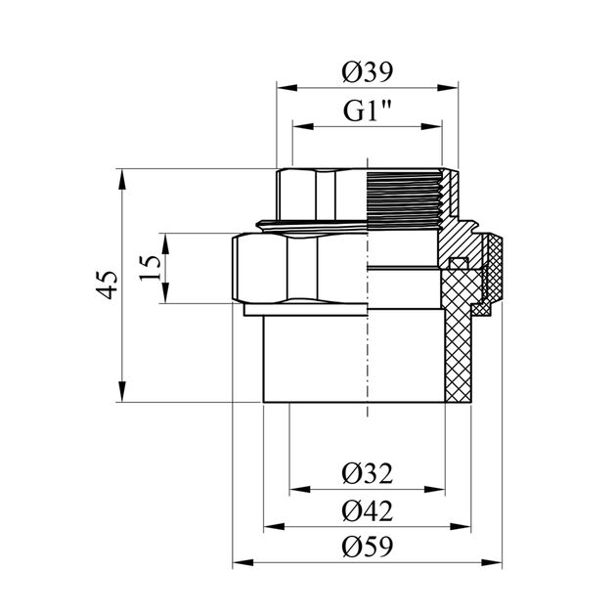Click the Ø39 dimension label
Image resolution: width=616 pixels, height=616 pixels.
[x=368, y=71]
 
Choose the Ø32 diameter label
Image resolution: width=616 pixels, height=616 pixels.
[x=368, y=474]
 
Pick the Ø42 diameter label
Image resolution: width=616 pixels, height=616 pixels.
[x=368, y=510]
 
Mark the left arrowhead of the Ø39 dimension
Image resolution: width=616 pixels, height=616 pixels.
[x=284, y=89]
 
